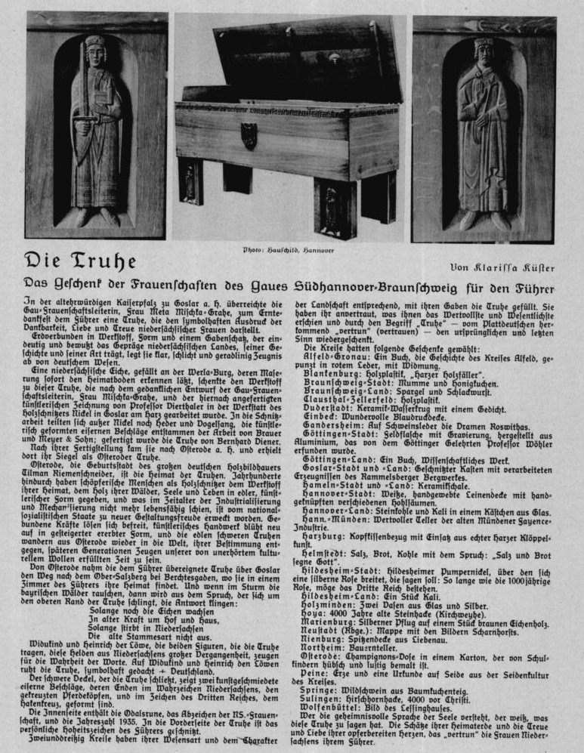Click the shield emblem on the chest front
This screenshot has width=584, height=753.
point(249,135)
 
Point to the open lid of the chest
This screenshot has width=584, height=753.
point(302,57)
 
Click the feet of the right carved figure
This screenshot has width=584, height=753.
point(484,221)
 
